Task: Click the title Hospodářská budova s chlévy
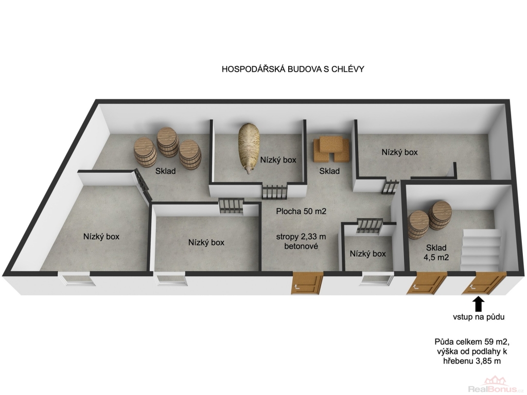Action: pyautogui.click(x=293, y=69)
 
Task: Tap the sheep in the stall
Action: pyautogui.click(x=249, y=148)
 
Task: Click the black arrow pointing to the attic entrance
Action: pyautogui.click(x=479, y=305)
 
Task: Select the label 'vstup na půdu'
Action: pyautogui.click(x=479, y=317)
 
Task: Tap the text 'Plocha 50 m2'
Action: pyautogui.click(x=301, y=211)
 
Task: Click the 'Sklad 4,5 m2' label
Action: pyautogui.click(x=436, y=253)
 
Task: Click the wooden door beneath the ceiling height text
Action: pyautogui.click(x=306, y=283)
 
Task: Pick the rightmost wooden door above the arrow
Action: pyautogui.click(x=484, y=283)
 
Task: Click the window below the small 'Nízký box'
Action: pyautogui.click(x=376, y=280)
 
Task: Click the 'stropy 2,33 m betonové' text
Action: pyautogui.click(x=301, y=241)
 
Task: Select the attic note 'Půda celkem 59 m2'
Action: pyautogui.click(x=472, y=342)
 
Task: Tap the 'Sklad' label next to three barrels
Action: pyautogui.click(x=165, y=171)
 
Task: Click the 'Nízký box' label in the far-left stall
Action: pyautogui.click(x=101, y=237)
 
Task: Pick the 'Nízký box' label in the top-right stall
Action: pyautogui.click(x=399, y=152)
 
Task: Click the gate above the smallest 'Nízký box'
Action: pyautogui.click(x=370, y=225)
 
